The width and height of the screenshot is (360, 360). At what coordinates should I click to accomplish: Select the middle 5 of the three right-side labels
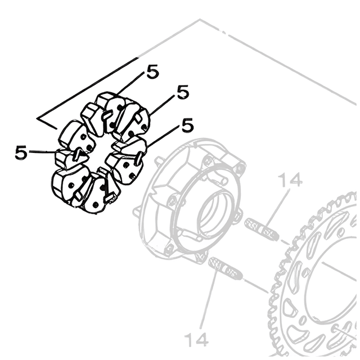tap(182, 92)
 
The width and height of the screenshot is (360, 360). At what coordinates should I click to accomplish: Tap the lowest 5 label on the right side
tap(187, 125)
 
